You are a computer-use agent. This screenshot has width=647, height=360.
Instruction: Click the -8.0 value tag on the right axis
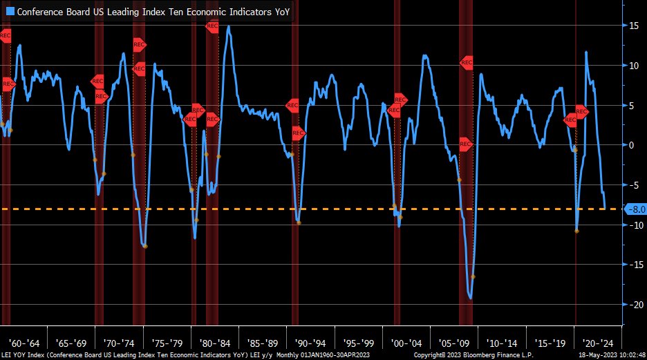[635, 209]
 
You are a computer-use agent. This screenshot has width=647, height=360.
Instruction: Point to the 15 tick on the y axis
[632, 26]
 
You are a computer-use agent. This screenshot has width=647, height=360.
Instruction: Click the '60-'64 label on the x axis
[24, 343]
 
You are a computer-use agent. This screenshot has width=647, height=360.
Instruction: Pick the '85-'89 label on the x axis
[263, 343]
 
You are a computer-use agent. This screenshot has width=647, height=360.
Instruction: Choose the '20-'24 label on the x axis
[597, 343]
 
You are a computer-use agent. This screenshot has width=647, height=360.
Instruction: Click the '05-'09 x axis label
[453, 343]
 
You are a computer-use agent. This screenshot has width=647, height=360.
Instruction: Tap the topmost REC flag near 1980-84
[212, 26]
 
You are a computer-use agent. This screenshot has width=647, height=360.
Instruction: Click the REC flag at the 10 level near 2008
[467, 63]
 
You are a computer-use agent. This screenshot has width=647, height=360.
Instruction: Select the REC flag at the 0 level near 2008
[465, 145]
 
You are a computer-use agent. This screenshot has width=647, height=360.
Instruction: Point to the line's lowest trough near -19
[470, 299]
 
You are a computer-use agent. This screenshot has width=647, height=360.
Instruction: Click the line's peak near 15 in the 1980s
[228, 26]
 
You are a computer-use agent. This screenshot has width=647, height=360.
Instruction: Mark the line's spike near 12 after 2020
[586, 52]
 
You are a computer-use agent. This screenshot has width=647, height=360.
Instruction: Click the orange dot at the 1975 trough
[144, 246]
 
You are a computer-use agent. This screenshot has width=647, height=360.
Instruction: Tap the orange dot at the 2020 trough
[577, 231]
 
